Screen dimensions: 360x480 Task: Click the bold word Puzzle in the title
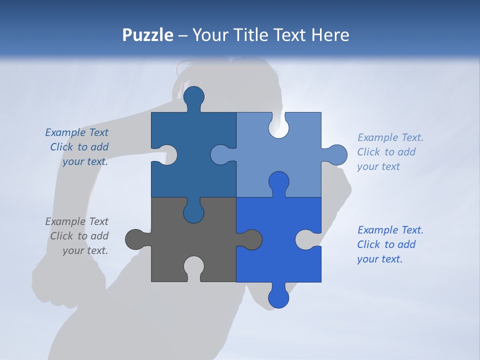(147, 35)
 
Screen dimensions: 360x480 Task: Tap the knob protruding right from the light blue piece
(336, 155)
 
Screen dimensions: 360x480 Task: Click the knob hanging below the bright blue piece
(278, 297)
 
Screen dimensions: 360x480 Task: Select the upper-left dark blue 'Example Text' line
(76, 132)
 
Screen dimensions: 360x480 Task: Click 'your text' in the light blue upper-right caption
(378, 166)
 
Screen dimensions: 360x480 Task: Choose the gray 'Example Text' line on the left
(76, 221)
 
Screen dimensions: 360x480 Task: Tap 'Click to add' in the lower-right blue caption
(386, 244)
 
